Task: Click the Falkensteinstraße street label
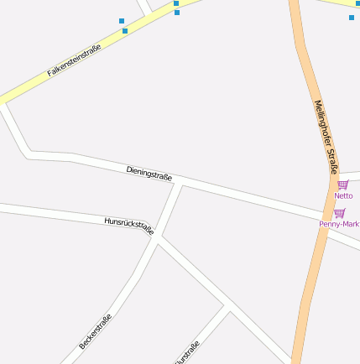click(x=74, y=60)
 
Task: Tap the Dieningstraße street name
click(x=149, y=173)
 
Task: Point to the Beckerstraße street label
click(x=95, y=331)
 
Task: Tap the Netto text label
click(x=343, y=195)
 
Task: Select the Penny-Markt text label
click(x=339, y=224)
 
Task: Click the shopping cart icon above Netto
click(x=342, y=185)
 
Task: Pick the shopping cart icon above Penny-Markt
click(x=339, y=213)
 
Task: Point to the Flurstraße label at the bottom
click(x=186, y=353)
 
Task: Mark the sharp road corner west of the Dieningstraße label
click(x=29, y=153)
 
